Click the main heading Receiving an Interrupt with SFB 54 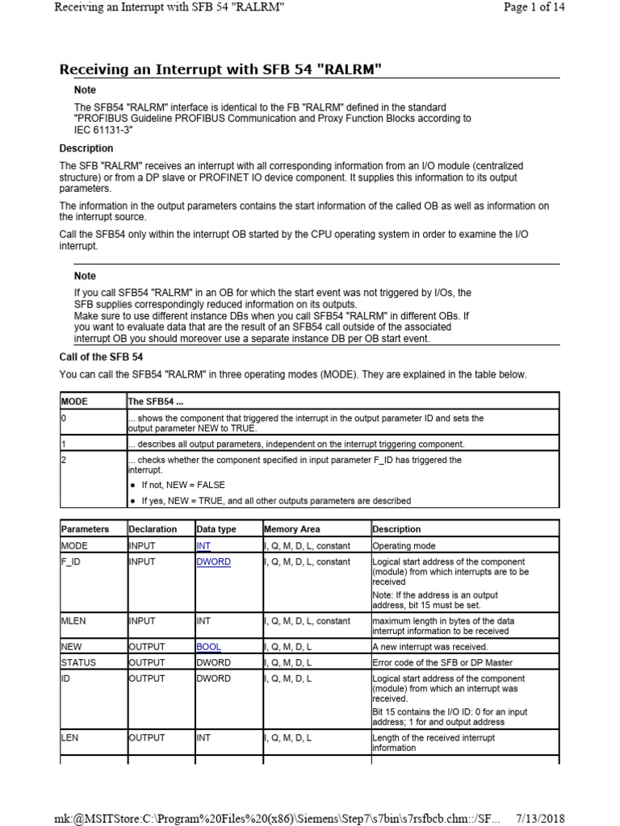[220, 70]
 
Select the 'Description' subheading [86, 148]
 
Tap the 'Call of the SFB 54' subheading [101, 357]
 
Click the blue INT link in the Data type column [203, 545]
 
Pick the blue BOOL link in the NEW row [207, 647]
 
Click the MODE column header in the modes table [74, 401]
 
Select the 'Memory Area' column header [291, 529]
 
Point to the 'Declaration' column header [153, 529]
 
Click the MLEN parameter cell [73, 621]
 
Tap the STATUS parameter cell [78, 662]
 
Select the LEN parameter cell [69, 737]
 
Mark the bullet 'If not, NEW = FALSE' [183, 485]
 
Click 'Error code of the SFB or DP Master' [440, 662]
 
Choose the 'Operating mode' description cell [403, 545]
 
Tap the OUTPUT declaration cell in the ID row [147, 678]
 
